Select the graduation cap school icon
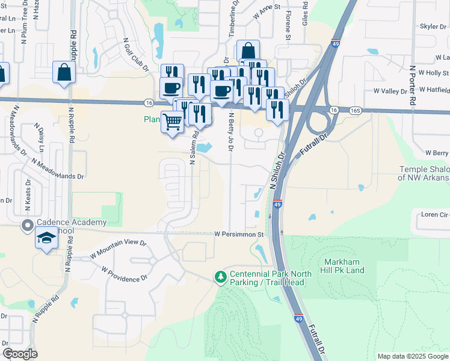(46, 238)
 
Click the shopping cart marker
(173, 122)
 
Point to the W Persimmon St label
(239, 234)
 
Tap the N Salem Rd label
(194, 148)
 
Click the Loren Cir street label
(435, 214)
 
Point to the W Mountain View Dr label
(118, 248)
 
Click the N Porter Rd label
(413, 85)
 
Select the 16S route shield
(357, 111)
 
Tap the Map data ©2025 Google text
(413, 356)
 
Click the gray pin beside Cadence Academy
(27, 226)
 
